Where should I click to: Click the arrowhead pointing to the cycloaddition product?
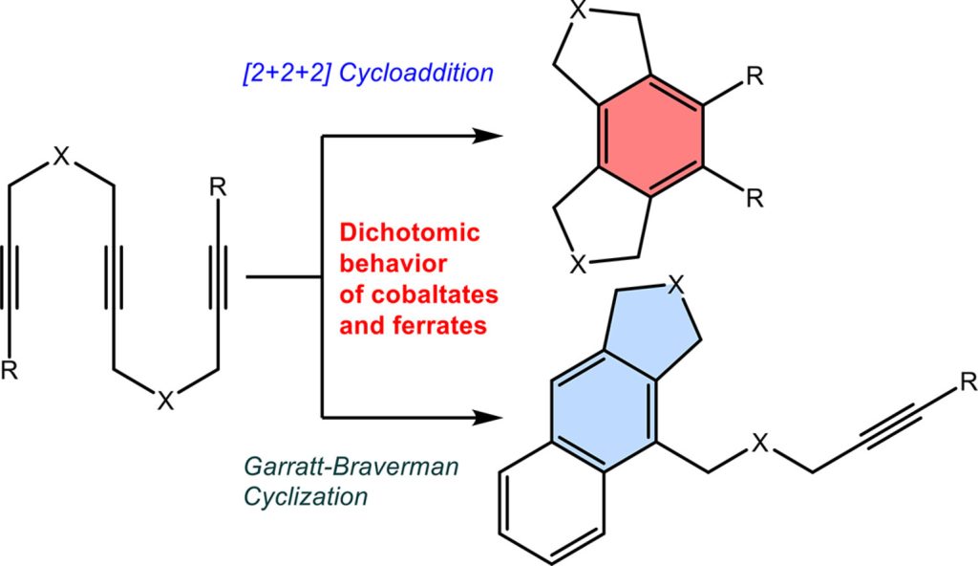coord(488,137)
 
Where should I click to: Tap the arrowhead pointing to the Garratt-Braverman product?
coord(488,418)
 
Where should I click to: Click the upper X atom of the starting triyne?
coord(61,155)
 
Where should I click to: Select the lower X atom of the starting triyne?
coord(164,403)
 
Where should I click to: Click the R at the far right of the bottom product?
coord(967,384)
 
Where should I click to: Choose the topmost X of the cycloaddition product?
coord(576,11)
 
